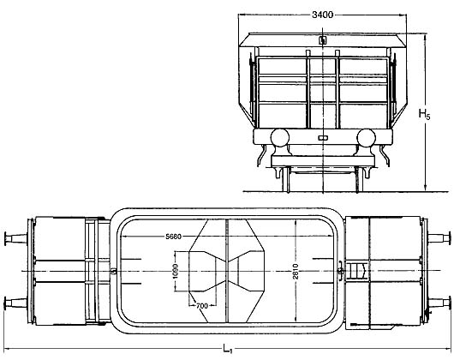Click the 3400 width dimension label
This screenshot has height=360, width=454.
pos(322,15)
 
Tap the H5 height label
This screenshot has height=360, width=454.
pos(425,114)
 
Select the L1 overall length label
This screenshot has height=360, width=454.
pos(228,348)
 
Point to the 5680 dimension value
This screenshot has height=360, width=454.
pos(173,237)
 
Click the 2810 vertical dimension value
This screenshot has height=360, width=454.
pos(296,271)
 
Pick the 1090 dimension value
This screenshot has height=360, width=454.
pos(176,272)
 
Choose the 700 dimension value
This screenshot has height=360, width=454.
pos(202,305)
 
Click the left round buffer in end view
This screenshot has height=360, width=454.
pos(280,137)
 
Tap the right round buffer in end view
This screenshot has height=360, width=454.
pos(367,137)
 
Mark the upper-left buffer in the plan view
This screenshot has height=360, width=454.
pos(15,238)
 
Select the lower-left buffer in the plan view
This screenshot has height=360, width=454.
pos(15,303)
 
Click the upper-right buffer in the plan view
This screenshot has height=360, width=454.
pos(439,238)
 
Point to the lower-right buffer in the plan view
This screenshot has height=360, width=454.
pos(439,303)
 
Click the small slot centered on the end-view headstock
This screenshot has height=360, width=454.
pos(323,138)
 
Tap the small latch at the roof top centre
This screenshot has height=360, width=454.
pos(323,40)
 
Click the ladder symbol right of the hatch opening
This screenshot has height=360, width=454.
pos(357,271)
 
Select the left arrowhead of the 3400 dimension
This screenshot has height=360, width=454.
pos(241,15)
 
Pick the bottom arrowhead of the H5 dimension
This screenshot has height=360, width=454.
pos(426,188)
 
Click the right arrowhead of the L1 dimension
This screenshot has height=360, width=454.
pos(449,349)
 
